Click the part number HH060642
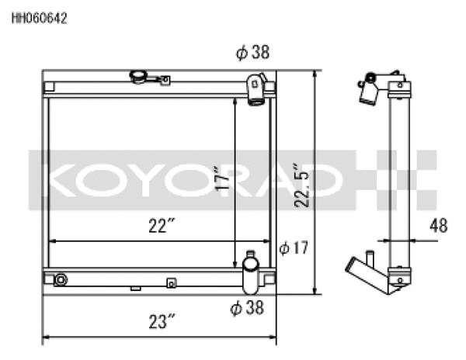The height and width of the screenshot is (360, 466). click(38, 19)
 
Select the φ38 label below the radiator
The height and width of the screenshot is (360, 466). click(247, 308)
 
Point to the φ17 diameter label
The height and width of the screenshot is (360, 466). click(294, 248)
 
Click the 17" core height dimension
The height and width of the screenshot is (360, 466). click(224, 178)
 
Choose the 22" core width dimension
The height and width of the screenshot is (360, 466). click(159, 226)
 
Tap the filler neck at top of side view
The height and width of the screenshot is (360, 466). click(367, 87)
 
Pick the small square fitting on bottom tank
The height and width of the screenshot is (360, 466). click(172, 282)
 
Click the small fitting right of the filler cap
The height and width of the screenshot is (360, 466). click(165, 78)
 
